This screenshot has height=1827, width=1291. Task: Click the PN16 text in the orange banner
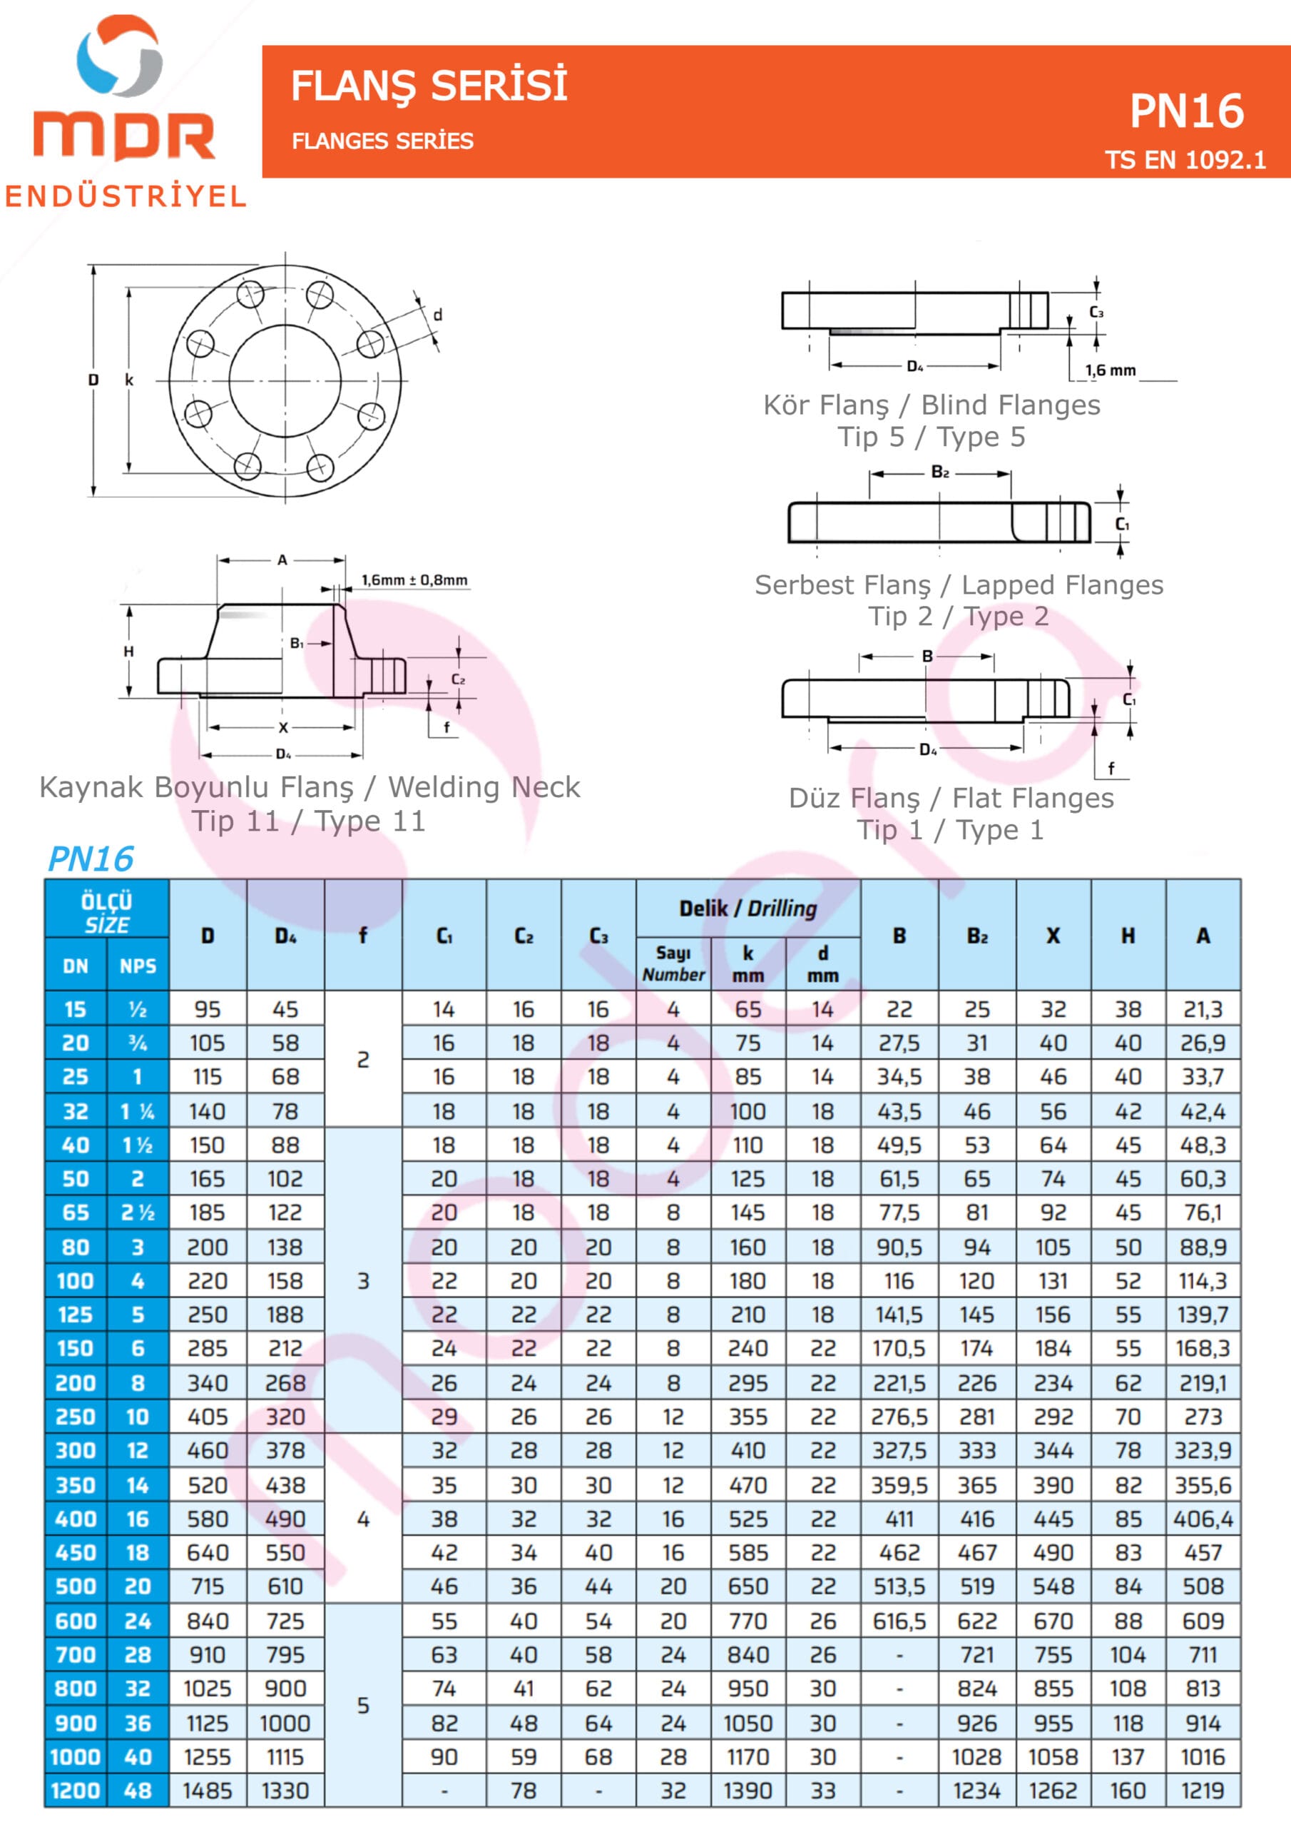(1186, 111)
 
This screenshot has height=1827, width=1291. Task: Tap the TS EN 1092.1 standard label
(1185, 161)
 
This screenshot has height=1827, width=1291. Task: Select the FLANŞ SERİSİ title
(429, 86)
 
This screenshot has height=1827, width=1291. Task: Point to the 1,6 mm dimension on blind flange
(1111, 370)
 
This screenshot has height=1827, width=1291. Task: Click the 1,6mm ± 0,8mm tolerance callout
(414, 580)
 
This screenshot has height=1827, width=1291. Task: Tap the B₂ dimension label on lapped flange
(939, 472)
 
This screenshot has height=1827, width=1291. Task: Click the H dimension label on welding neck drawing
(129, 652)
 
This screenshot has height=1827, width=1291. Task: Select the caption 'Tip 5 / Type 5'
(931, 437)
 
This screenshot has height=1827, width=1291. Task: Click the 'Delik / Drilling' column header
(747, 908)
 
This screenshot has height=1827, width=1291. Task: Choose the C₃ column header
(598, 936)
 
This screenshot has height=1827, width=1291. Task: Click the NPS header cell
(138, 966)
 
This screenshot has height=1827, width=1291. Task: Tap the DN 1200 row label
(76, 1791)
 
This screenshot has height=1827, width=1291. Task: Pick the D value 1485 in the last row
(207, 1791)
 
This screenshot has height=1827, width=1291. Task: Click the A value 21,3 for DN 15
(1202, 1009)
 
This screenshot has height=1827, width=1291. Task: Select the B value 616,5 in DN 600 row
(899, 1621)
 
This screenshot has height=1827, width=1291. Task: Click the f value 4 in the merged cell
(363, 1519)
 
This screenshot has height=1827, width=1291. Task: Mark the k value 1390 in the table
(747, 1791)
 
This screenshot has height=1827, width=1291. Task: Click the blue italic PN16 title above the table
(91, 859)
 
